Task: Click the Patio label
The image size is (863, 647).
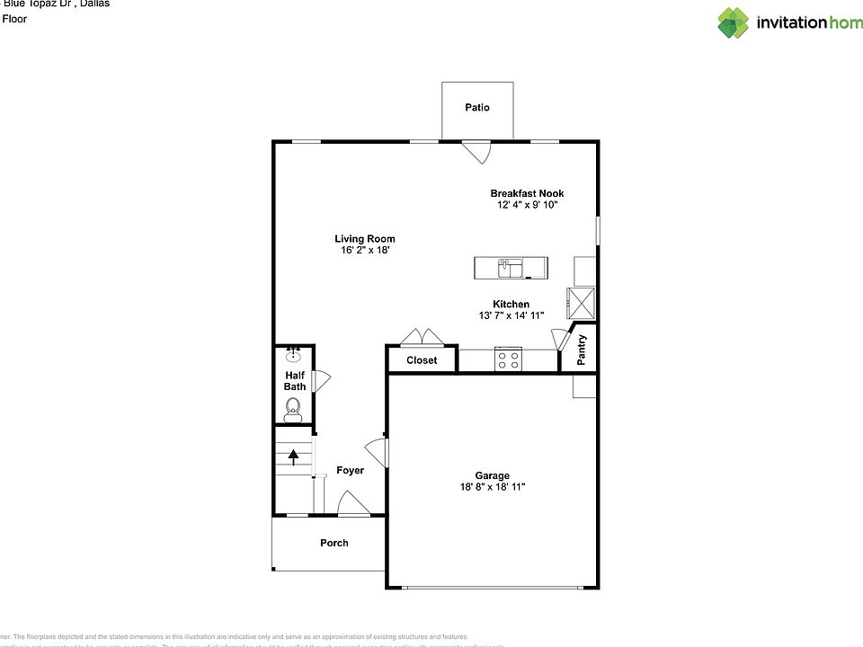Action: tap(477, 108)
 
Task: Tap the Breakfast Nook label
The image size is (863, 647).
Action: tap(527, 193)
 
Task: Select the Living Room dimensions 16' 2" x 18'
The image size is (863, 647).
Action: tap(365, 251)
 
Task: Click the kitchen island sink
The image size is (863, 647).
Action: tap(510, 267)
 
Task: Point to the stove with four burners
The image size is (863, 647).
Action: tap(508, 359)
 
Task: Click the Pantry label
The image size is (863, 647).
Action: tap(583, 350)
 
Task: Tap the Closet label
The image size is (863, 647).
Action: tap(422, 360)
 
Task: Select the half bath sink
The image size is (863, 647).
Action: tap(293, 356)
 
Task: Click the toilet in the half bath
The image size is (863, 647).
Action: tap(292, 412)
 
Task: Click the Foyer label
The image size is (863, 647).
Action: tap(350, 471)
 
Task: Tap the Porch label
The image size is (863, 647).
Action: tap(334, 543)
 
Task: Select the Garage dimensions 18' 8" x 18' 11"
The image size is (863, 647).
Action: tap(493, 487)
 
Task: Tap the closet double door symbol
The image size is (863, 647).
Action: tap(422, 338)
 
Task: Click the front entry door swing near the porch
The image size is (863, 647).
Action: tap(352, 504)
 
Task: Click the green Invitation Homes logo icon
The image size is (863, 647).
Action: tap(733, 22)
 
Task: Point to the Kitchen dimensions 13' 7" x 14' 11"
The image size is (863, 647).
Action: tap(511, 315)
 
